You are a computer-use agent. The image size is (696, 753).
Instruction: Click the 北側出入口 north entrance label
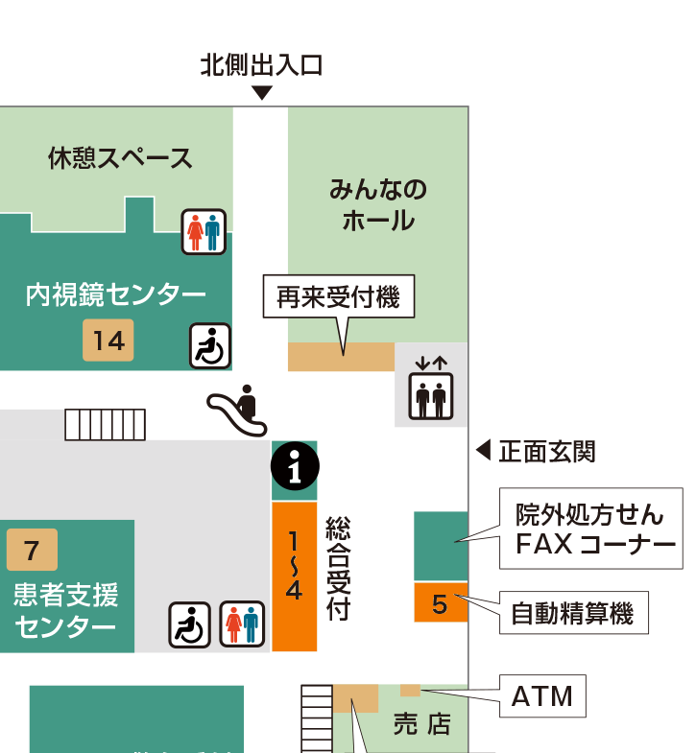click(x=261, y=65)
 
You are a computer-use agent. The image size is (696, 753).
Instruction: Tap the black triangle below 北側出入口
click(x=262, y=92)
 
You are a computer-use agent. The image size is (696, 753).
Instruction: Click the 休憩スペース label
click(x=120, y=158)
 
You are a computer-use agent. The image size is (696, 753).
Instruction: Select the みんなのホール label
click(x=378, y=205)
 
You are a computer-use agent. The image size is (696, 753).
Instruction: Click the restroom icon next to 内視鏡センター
click(x=204, y=231)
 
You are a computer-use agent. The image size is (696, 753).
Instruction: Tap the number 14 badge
click(x=108, y=340)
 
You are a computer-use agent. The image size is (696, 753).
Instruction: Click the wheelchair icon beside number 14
click(x=210, y=345)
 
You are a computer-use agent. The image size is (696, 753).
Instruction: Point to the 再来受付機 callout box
click(x=338, y=296)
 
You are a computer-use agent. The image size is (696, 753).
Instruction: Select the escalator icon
click(x=237, y=411)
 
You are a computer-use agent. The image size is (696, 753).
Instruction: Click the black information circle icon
click(x=295, y=466)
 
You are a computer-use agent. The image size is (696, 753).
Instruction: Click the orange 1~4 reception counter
click(x=295, y=577)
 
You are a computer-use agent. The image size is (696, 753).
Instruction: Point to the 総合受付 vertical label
click(x=338, y=569)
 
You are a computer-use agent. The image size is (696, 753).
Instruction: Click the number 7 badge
click(x=33, y=550)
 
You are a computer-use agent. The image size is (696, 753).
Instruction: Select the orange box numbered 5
click(x=441, y=602)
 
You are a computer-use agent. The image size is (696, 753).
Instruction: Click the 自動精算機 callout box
click(x=573, y=613)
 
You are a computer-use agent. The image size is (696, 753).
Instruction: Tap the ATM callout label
click(x=542, y=695)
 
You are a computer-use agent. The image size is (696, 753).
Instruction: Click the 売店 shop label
click(x=422, y=723)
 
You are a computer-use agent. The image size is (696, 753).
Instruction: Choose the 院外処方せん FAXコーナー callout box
click(x=590, y=529)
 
